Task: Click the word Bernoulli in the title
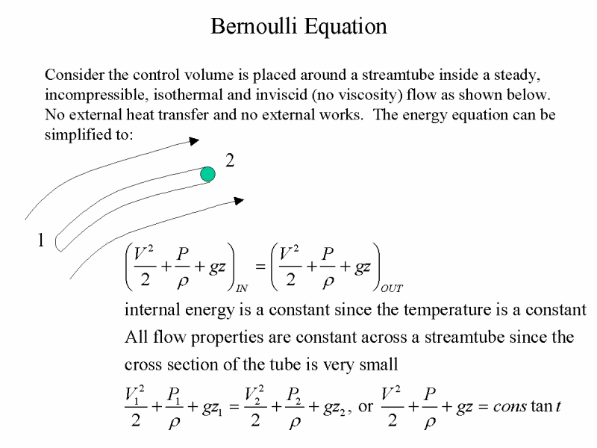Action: click(x=254, y=26)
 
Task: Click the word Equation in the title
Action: click(x=346, y=28)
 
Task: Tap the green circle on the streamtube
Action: click(x=208, y=174)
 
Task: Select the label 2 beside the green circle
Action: click(x=230, y=161)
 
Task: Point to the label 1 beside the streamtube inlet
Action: click(x=41, y=240)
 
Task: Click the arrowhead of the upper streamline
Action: click(x=194, y=141)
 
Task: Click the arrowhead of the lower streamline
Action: click(x=239, y=201)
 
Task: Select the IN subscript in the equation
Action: click(x=241, y=288)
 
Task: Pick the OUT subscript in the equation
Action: click(x=391, y=288)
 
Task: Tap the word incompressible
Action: click(x=96, y=95)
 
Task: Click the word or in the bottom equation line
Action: click(x=366, y=407)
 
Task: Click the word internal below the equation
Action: click(x=152, y=310)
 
